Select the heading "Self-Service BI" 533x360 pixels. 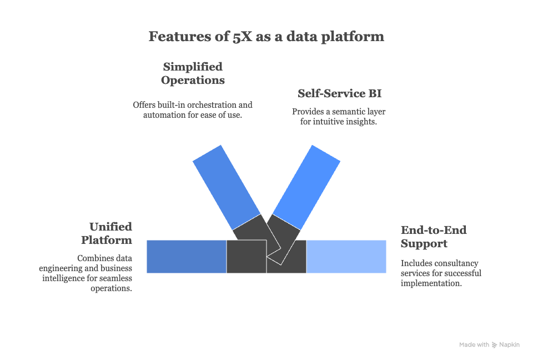click(340, 93)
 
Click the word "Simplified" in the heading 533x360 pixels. click(193, 67)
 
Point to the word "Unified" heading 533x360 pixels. click(111, 227)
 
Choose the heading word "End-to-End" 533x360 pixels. click(434, 230)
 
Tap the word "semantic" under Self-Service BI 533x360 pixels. click(345, 111)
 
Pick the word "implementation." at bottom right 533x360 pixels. click(431, 283)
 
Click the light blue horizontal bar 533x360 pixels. click(346, 257)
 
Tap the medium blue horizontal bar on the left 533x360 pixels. click(186, 257)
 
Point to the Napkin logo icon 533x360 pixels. click(494, 345)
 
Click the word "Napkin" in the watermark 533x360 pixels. click(509, 345)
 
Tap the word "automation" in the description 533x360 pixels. click(164, 115)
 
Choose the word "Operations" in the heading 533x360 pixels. click(193, 80)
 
